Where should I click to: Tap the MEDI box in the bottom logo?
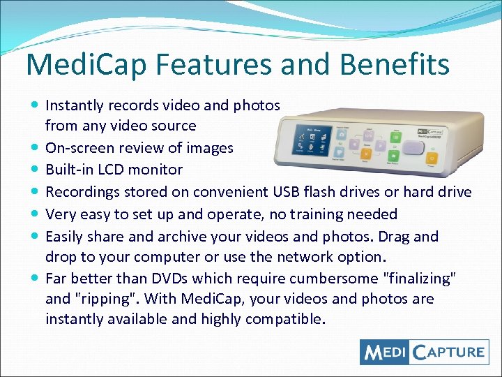point(385,351)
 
